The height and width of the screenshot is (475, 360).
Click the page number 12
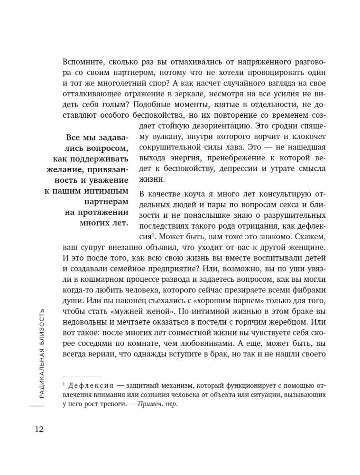[38, 429]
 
